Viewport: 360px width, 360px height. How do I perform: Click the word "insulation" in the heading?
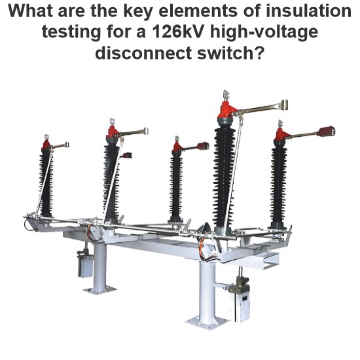(x=308, y=11)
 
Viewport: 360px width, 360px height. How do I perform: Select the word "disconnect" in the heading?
(x=143, y=53)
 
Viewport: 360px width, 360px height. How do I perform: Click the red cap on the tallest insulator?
(x=227, y=110)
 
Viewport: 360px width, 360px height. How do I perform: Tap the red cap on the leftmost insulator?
(x=46, y=145)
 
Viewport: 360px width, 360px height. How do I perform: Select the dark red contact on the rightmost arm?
(x=325, y=131)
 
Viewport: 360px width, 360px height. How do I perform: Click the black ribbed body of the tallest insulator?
(x=224, y=177)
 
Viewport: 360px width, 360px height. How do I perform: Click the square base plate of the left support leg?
(x=100, y=290)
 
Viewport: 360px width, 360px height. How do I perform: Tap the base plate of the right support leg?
(x=207, y=322)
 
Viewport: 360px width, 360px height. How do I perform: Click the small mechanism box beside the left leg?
(x=85, y=266)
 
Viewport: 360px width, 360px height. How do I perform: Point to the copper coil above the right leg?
(x=202, y=249)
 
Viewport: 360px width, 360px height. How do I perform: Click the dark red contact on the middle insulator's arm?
(x=203, y=146)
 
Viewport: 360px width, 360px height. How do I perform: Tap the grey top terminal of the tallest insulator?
(x=226, y=96)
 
